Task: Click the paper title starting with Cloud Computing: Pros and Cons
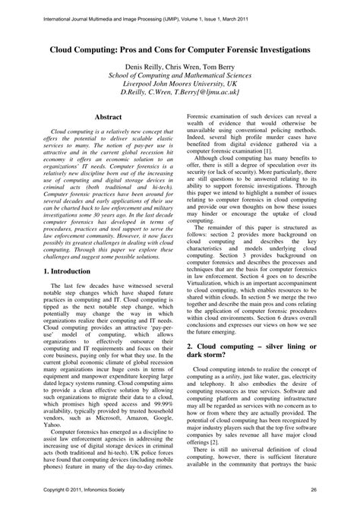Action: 180,48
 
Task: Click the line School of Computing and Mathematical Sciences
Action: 180,79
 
